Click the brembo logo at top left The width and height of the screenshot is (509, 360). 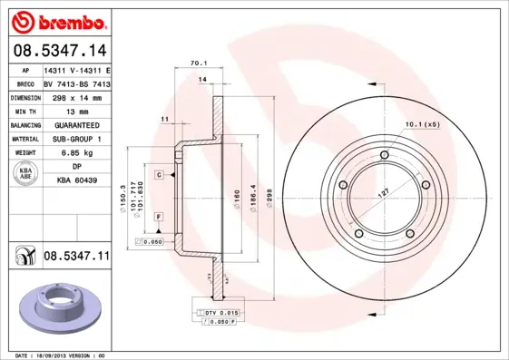click(56, 20)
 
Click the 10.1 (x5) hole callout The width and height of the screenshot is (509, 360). click(422, 123)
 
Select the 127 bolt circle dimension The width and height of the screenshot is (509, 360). click(385, 193)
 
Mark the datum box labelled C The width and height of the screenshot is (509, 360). click(158, 174)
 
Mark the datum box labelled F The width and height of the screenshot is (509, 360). click(158, 217)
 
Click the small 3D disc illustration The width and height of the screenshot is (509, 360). click(55, 308)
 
